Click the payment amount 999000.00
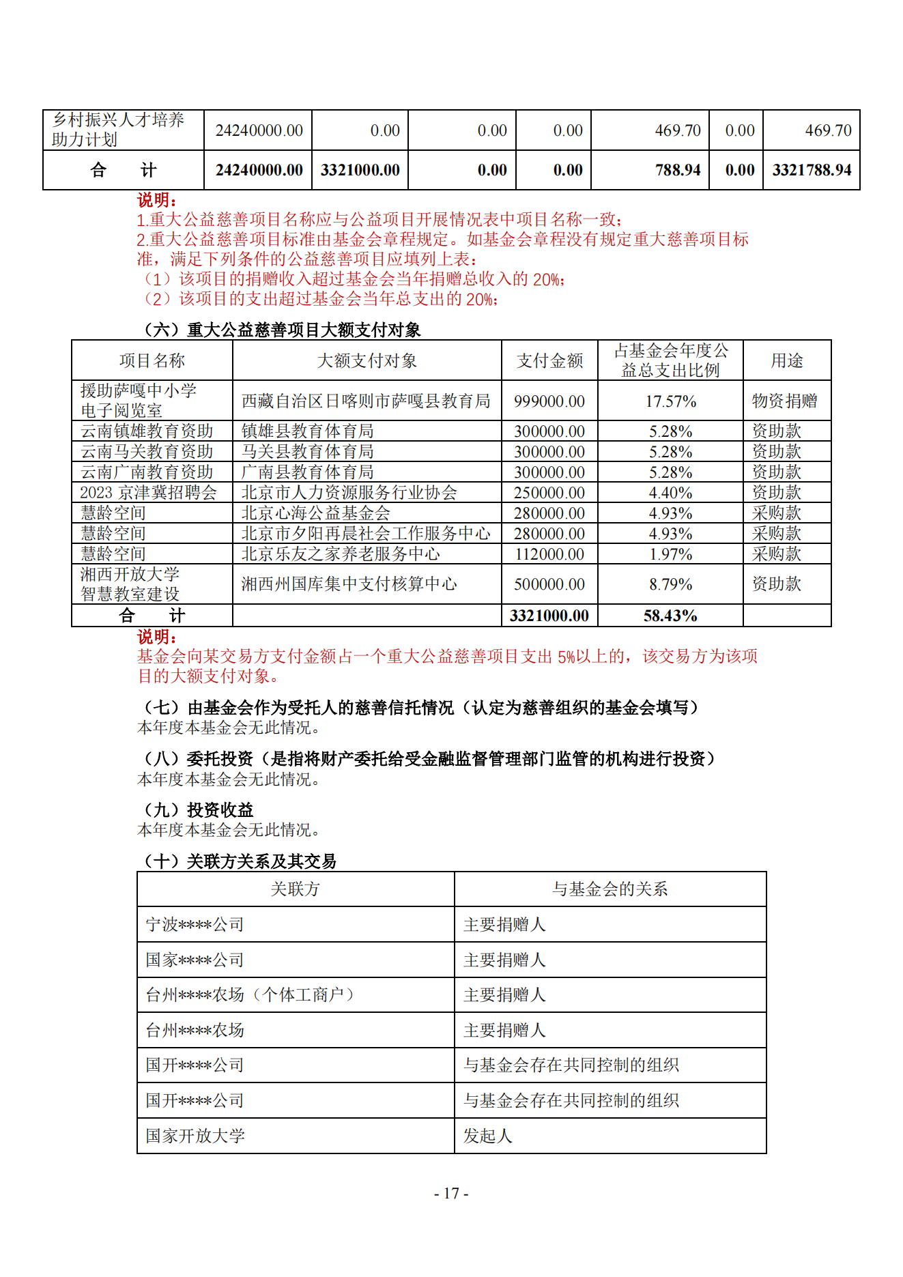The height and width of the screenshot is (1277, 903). pyautogui.click(x=549, y=401)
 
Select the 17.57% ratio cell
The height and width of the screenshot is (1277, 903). pyautogui.click(x=670, y=401)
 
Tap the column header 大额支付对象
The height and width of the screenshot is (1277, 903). pyautogui.click(x=367, y=360)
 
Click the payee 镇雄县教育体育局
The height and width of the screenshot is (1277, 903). pyautogui.click(x=307, y=431)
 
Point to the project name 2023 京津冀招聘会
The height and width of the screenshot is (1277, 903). pyautogui.click(x=148, y=493)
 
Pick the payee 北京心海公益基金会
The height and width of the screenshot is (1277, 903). pyautogui.click(x=315, y=513)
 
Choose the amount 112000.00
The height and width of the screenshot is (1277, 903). pyautogui.click(x=549, y=554)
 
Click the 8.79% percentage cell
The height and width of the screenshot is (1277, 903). pyautogui.click(x=670, y=584)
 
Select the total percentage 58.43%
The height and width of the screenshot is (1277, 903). pyautogui.click(x=670, y=616)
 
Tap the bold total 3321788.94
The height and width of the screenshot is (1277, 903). pyautogui.click(x=812, y=170)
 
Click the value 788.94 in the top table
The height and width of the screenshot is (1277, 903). pyautogui.click(x=678, y=170)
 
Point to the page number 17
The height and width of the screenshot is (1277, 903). pyautogui.click(x=451, y=1193)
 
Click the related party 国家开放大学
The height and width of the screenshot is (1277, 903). pyautogui.click(x=195, y=1136)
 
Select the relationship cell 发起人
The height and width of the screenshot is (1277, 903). pyautogui.click(x=487, y=1136)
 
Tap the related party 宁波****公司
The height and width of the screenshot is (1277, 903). pyautogui.click(x=195, y=925)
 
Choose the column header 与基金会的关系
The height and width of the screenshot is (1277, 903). pyautogui.click(x=610, y=889)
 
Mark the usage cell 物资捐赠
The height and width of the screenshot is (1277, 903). pyautogui.click(x=784, y=401)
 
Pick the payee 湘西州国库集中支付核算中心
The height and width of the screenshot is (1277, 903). pyautogui.click(x=349, y=584)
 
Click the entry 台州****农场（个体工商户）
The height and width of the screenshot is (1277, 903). pyautogui.click(x=250, y=995)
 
